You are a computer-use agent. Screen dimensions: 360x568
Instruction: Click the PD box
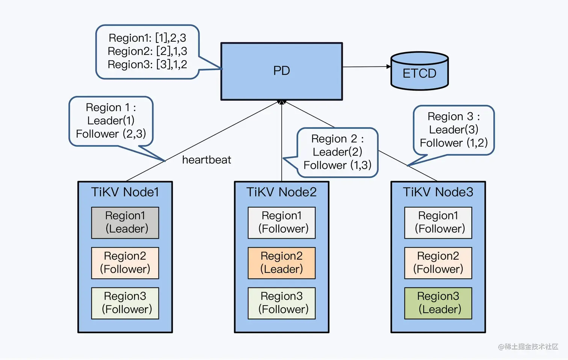(281, 71)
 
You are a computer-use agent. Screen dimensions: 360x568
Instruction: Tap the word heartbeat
(206, 160)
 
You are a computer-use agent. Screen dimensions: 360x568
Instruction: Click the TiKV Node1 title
(125, 192)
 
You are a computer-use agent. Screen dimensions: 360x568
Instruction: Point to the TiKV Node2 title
(281, 192)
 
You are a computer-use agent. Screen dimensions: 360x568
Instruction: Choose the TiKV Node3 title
(438, 192)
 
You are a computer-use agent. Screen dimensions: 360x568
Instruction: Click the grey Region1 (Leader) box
(125, 222)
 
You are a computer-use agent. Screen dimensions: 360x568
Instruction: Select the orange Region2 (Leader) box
(281, 263)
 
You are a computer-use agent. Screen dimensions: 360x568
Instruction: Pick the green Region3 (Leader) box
(438, 303)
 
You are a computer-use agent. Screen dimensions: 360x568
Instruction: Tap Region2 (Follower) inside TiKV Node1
(125, 263)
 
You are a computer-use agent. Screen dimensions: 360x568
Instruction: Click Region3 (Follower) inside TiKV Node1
(125, 303)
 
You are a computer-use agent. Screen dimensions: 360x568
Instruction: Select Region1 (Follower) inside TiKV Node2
(281, 222)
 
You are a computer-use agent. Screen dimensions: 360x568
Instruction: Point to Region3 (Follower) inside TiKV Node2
(281, 303)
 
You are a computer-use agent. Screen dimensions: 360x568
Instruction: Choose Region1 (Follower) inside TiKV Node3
(438, 222)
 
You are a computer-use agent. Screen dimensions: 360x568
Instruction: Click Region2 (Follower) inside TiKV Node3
(438, 263)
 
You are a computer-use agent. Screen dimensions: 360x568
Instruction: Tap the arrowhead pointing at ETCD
(388, 67)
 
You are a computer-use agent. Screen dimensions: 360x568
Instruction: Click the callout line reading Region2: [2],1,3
(147, 51)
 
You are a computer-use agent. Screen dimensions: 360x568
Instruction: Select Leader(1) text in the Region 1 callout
(111, 121)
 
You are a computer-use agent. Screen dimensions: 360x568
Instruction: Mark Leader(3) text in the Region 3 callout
(453, 130)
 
